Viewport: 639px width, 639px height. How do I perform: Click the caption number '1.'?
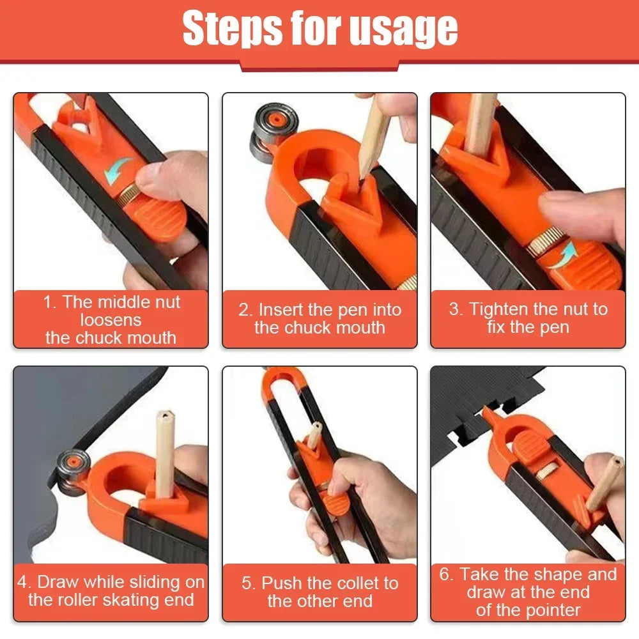click(x=50, y=302)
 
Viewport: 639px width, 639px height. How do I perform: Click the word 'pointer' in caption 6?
click(x=550, y=610)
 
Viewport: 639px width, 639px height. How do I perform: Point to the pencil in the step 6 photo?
click(x=603, y=483)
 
